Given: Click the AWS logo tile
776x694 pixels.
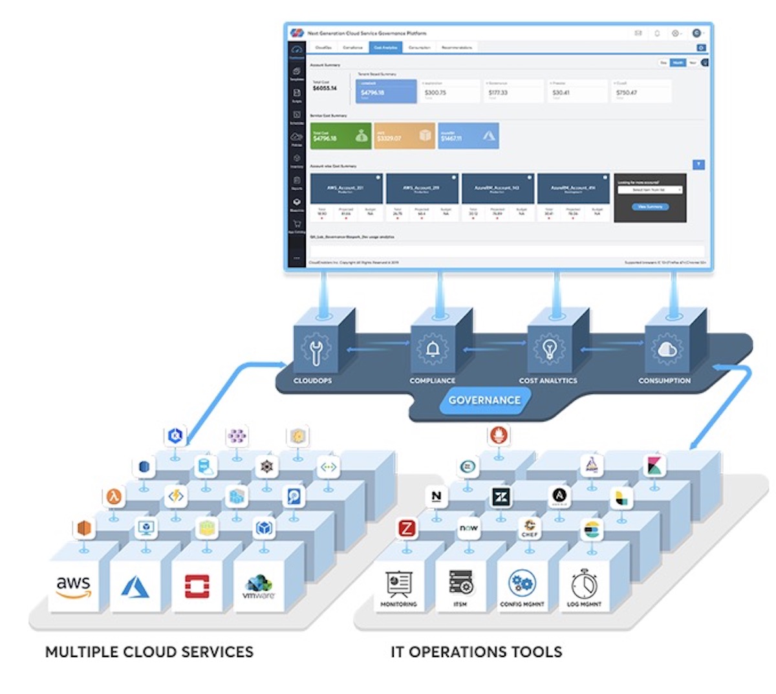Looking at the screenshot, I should [x=73, y=586].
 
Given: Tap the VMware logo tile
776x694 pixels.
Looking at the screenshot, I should [x=259, y=586].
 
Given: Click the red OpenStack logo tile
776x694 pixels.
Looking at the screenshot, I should [x=197, y=586].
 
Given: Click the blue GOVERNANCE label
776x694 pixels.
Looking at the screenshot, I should [x=484, y=400].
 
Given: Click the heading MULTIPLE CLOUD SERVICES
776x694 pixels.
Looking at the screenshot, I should [x=149, y=652].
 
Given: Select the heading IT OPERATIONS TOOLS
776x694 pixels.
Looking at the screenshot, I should [x=477, y=652].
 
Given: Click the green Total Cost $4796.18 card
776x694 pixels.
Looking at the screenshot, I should [x=341, y=136].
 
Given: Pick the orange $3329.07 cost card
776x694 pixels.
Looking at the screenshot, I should [x=404, y=136].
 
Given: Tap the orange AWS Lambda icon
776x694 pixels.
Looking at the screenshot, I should [x=114, y=497].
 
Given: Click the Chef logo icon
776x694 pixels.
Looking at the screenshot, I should [x=530, y=528].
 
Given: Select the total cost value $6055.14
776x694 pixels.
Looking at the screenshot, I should [x=325, y=88].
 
